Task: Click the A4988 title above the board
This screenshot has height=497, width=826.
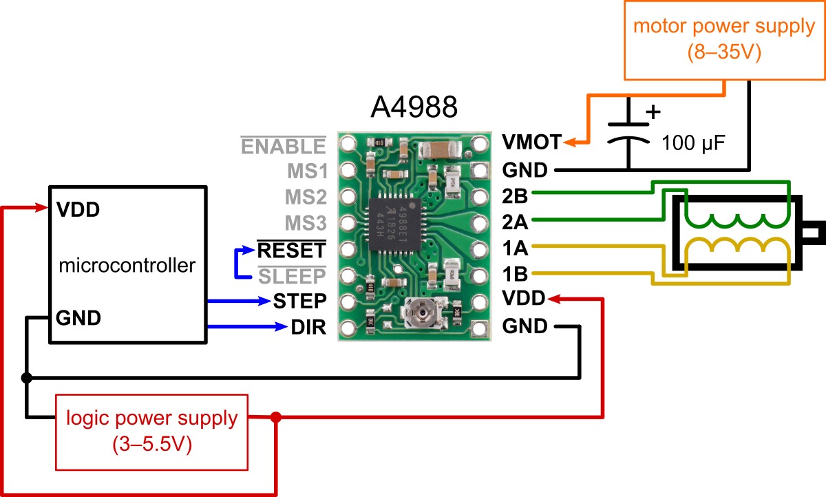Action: click(414, 109)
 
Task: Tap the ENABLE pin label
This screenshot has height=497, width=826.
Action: click(283, 146)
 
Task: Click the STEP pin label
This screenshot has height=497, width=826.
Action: click(299, 301)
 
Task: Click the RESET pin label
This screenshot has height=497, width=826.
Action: click(290, 248)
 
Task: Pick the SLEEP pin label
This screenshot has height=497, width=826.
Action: click(291, 276)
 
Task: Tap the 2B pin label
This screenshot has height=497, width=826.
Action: click(515, 195)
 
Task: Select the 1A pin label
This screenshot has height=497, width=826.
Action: click(515, 247)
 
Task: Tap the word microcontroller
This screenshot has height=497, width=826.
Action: click(127, 265)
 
